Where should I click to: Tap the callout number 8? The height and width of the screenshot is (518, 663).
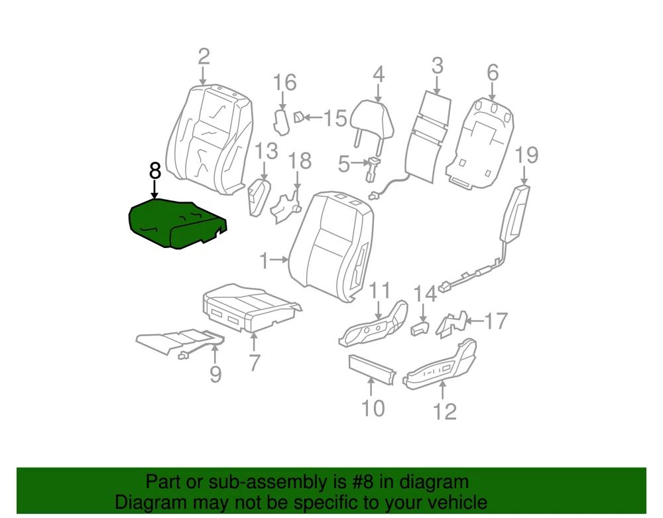155,171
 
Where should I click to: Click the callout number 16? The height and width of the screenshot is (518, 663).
284,82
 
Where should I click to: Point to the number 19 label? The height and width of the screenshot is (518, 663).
526,155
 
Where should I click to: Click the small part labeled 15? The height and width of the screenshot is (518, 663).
298,117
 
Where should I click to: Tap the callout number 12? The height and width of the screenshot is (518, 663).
445,412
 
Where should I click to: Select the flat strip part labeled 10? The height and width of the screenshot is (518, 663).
372,369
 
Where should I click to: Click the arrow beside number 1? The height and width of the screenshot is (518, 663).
278,259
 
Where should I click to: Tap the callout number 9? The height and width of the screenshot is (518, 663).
215,374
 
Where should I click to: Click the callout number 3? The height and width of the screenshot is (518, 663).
437,66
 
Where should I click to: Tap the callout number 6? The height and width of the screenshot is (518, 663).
493,72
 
